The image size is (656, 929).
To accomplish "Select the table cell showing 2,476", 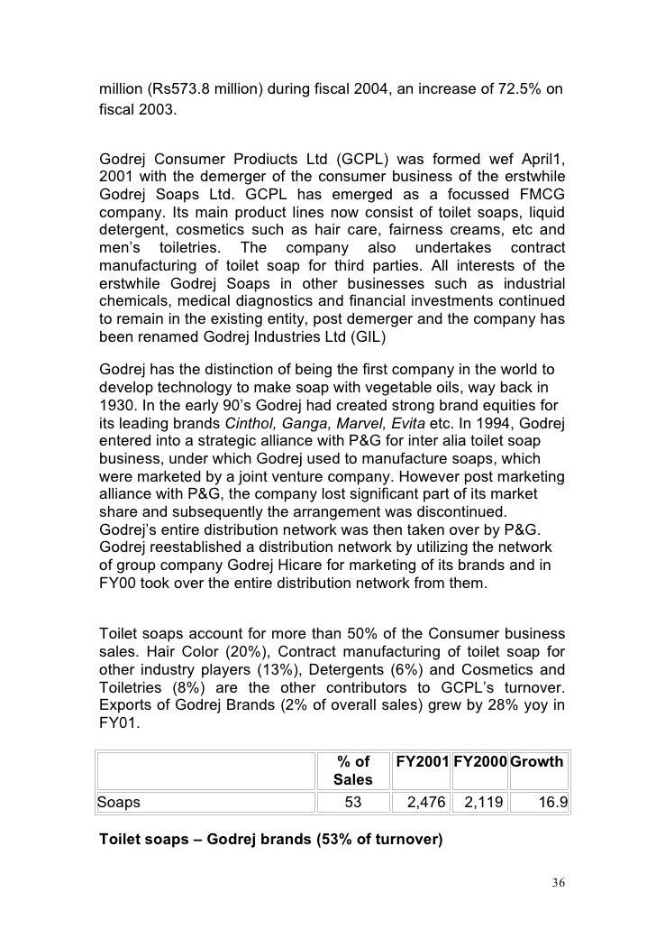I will [x=420, y=799].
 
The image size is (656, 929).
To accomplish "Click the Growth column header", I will [x=537, y=762].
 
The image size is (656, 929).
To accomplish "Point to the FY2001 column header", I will [x=421, y=762].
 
